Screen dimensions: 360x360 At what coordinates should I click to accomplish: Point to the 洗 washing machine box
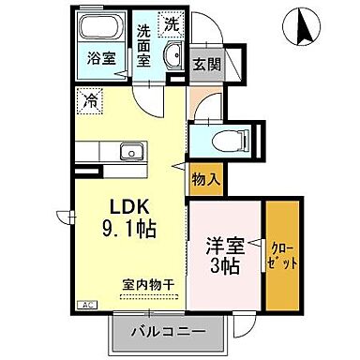(170, 21)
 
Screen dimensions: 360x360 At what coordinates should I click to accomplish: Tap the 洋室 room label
(225, 247)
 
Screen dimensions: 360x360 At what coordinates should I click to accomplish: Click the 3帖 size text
(225, 266)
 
